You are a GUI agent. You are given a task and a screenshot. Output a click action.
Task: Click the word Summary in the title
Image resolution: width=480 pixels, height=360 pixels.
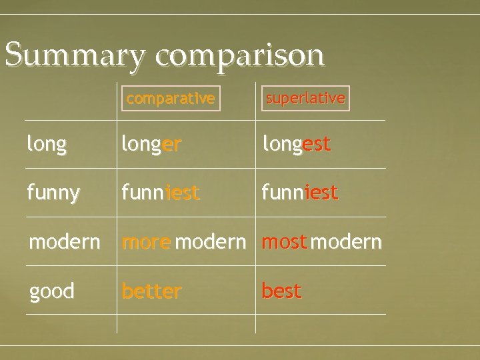pos(75,55)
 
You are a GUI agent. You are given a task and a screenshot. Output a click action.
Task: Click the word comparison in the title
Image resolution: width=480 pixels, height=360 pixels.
pos(240,56)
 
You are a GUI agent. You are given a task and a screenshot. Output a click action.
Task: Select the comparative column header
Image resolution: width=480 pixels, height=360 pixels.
pos(171,99)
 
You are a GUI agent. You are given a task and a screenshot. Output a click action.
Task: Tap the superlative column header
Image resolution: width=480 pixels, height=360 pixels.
pos(305,98)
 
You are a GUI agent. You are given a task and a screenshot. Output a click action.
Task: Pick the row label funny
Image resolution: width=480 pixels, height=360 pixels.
pos(53,193)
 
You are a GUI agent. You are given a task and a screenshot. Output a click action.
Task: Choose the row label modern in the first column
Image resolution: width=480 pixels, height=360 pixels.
pos(64,242)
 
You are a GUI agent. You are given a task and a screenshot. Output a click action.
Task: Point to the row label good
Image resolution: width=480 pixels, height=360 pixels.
pos(51,291)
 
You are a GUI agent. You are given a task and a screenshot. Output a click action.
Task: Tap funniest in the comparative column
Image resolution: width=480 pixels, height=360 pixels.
pos(160,193)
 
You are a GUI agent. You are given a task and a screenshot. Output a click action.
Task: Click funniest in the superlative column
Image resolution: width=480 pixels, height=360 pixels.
pos(300,193)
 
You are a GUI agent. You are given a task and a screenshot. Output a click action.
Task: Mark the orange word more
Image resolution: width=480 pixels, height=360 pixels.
pos(146,242)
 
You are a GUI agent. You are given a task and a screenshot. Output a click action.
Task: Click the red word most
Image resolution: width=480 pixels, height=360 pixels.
pos(285,242)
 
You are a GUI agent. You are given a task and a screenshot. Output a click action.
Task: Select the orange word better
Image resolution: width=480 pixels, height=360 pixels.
pos(151,291)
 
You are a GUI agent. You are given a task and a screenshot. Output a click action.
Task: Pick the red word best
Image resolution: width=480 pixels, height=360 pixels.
pos(281,291)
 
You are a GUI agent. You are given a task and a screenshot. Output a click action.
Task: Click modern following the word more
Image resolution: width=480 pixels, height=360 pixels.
pos(210,242)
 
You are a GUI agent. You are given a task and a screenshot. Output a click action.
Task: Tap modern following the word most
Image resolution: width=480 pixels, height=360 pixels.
pos(346,242)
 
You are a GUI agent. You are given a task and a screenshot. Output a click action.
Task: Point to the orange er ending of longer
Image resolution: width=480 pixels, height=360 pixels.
pos(171,145)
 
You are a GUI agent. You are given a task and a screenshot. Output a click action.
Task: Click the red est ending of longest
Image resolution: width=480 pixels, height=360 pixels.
pos(317,145)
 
